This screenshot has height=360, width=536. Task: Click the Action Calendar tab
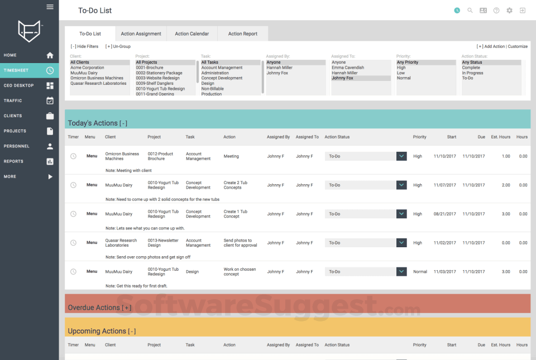pos(192,33)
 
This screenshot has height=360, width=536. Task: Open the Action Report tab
pos(242,33)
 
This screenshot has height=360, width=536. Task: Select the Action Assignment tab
pos(141,33)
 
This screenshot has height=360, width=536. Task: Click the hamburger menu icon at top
pos(50,7)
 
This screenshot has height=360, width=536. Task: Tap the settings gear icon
pos(509,11)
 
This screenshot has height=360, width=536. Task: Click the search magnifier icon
pos(470,11)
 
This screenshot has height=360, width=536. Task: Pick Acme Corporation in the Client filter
pos(87,68)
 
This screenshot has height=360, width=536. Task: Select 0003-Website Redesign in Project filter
pos(158,78)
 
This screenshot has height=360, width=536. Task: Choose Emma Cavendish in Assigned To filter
pos(348,68)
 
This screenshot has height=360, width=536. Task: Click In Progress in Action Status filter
pos(472,73)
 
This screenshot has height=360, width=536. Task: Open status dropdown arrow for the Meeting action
pos(401,156)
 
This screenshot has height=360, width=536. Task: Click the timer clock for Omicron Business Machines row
pos(73,156)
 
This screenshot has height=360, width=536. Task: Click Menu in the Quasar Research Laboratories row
pos(92,243)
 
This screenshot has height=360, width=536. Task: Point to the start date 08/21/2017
pos(444,214)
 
